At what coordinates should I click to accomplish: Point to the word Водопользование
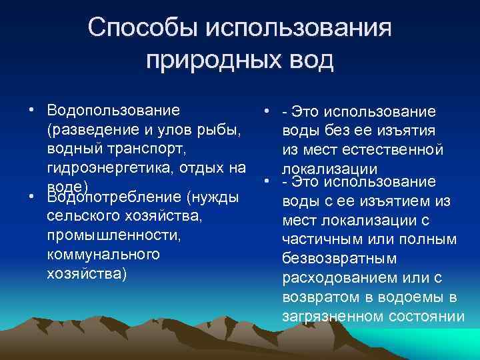point(113,109)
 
